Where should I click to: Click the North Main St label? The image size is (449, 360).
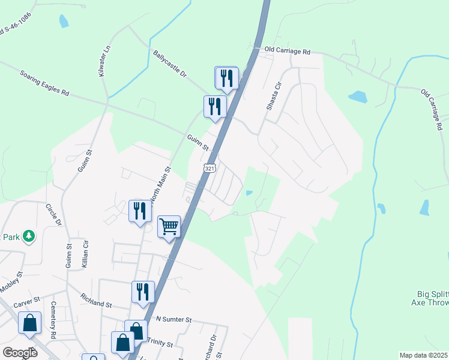161,186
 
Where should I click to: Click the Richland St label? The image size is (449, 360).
97,301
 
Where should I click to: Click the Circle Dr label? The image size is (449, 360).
54,214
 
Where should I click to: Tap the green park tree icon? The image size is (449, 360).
28,236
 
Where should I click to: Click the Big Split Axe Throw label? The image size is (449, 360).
432,298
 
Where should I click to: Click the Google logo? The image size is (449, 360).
20,352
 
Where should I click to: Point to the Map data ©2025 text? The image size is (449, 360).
423,355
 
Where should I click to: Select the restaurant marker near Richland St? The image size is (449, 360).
143,292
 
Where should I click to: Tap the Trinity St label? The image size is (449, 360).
161,345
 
